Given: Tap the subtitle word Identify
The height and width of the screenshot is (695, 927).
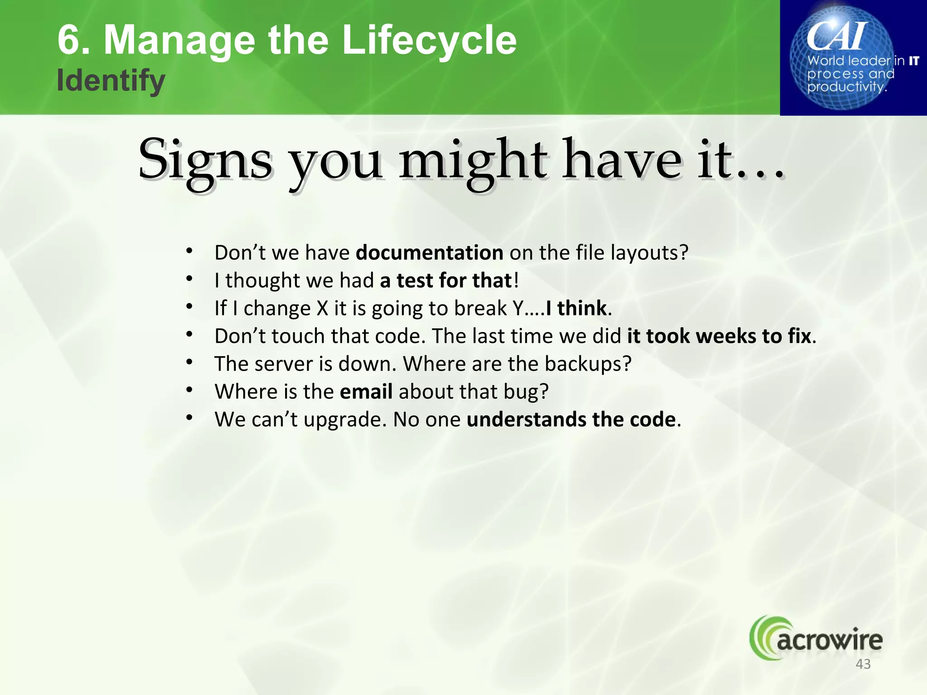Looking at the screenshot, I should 111,81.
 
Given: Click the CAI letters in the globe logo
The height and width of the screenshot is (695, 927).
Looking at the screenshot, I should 837,36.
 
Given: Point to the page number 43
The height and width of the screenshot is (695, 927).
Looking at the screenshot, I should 863,664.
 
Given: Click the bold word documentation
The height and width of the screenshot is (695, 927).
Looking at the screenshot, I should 429,252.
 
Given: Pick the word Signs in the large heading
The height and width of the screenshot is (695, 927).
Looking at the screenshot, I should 205,161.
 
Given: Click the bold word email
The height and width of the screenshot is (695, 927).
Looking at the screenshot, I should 366,391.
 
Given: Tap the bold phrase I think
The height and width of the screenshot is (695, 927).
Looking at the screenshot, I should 576,308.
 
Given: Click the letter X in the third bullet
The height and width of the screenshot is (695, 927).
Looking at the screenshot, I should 322,308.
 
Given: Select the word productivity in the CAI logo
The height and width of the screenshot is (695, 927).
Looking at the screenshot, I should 846,86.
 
